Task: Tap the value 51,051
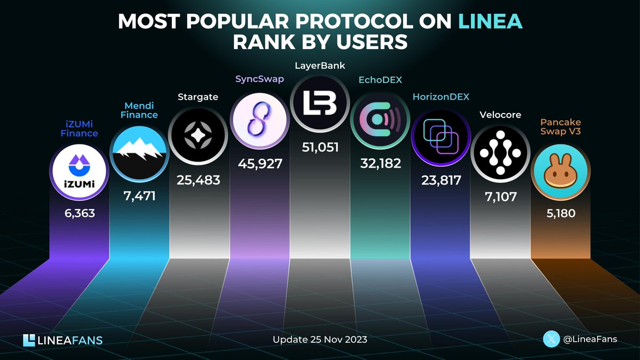tap(319, 147)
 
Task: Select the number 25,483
tap(198, 180)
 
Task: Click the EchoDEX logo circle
tap(380, 120)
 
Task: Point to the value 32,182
tap(380, 164)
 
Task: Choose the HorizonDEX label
tap(441, 97)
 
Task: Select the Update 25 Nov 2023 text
tap(319, 340)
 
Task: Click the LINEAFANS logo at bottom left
tap(63, 340)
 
